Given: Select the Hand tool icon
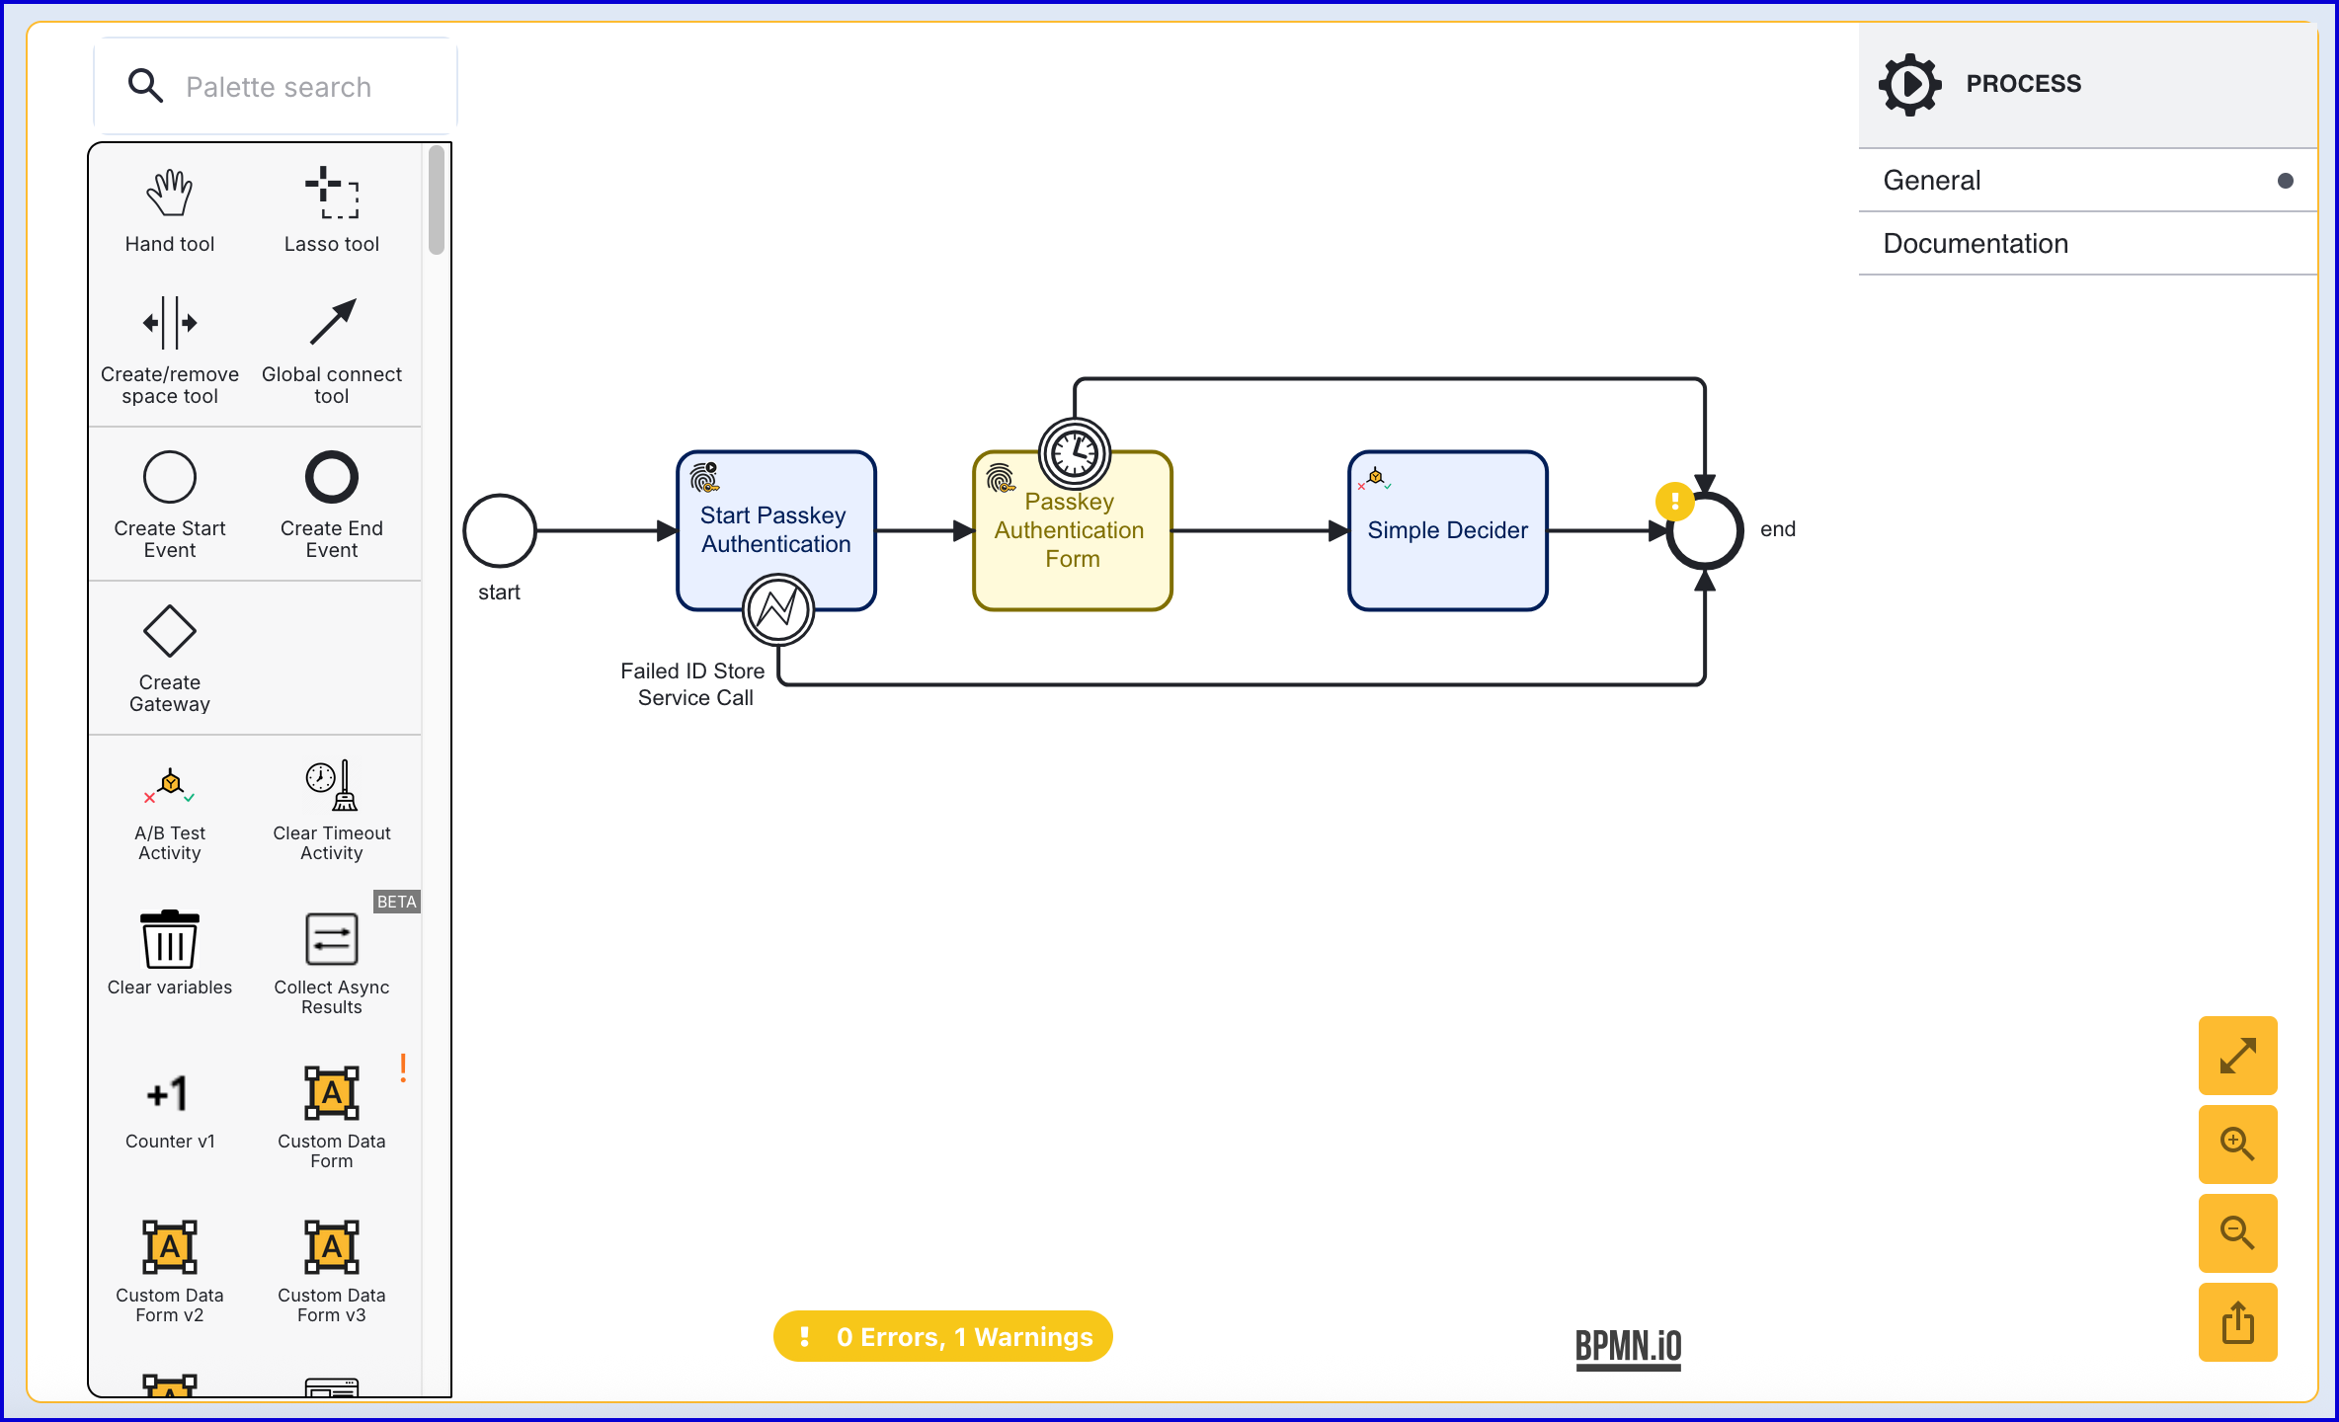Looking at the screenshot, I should [x=170, y=193].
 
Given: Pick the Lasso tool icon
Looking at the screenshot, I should [x=332, y=193].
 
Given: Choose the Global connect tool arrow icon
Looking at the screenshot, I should [x=332, y=322].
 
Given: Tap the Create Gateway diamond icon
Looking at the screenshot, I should [x=170, y=631].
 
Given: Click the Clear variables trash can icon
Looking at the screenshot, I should [x=170, y=939].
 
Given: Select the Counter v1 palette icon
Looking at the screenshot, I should [x=170, y=1093].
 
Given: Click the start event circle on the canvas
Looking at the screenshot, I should [x=500, y=531].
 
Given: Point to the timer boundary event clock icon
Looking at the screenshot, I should [x=1075, y=454].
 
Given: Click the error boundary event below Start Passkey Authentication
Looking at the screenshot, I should [x=778, y=609].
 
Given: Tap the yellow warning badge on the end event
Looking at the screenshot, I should [x=1674, y=502].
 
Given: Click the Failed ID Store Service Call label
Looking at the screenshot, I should [x=693, y=684].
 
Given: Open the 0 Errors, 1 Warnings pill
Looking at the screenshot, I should [x=943, y=1337].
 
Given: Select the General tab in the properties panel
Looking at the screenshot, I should [x=1932, y=181].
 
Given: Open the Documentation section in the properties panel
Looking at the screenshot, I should [x=1976, y=244].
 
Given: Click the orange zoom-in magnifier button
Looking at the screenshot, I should [x=2237, y=1145].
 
